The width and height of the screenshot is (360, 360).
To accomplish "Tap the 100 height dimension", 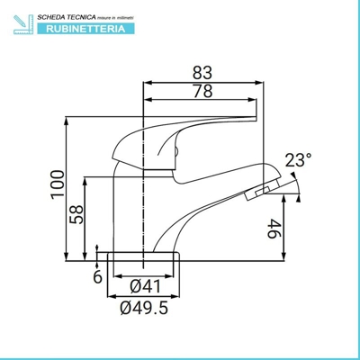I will tap(56, 184).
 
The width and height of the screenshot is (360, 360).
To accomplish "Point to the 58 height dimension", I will tap(77, 214).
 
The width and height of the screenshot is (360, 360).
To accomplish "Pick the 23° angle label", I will tap(298, 160).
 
